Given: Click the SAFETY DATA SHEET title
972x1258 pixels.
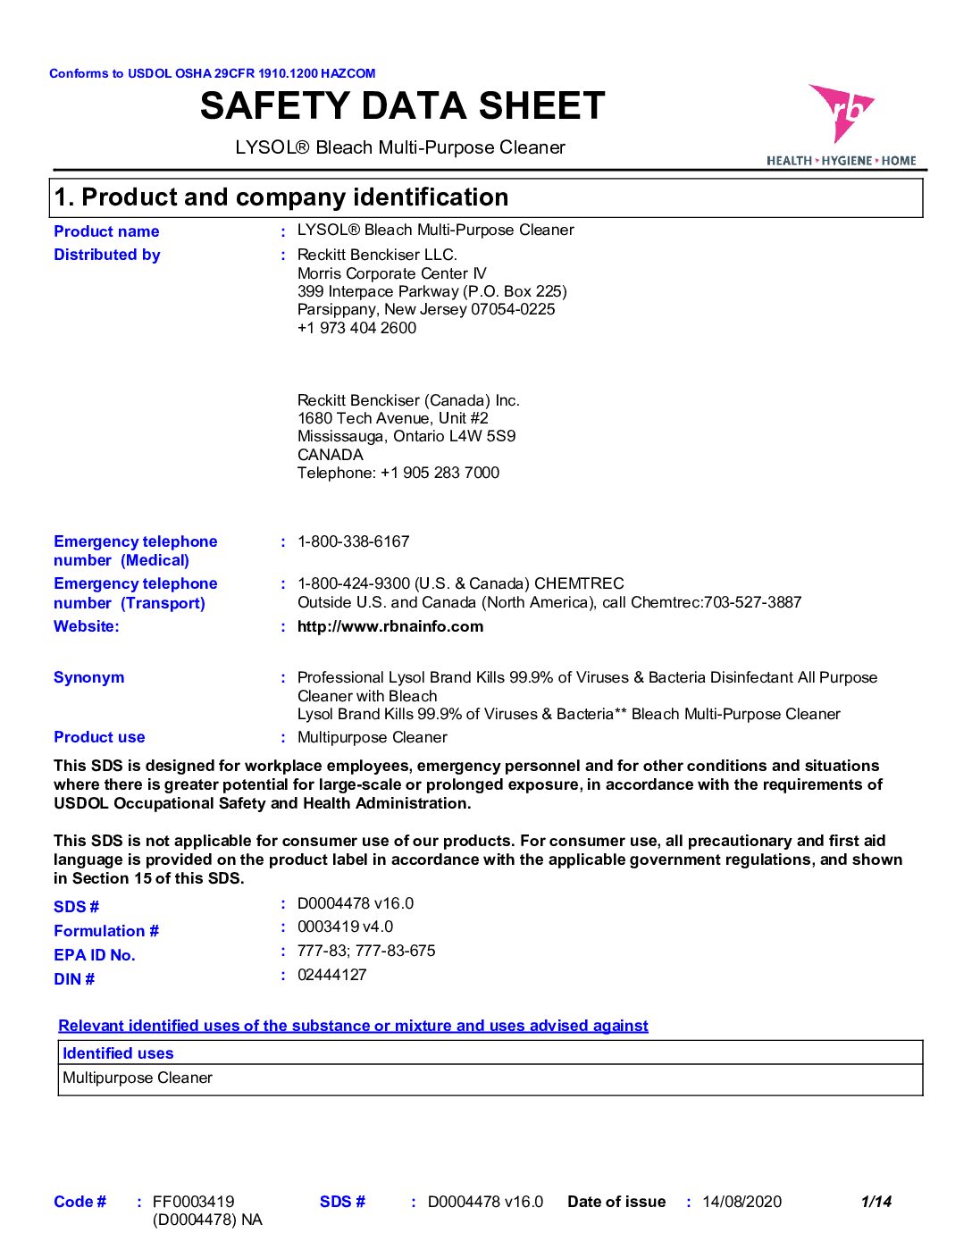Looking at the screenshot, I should click(x=402, y=106).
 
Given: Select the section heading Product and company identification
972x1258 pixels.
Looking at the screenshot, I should click(x=281, y=197).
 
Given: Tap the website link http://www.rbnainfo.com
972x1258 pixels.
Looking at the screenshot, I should click(x=390, y=626).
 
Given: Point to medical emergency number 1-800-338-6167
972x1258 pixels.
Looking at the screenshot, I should click(x=353, y=541).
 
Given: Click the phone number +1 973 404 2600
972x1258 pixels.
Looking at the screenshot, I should click(x=356, y=328).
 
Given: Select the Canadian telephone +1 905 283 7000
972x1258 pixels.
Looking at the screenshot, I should click(x=440, y=473).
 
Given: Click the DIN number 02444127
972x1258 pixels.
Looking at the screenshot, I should click(x=331, y=975).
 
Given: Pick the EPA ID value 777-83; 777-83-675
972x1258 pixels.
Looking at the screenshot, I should click(x=366, y=951).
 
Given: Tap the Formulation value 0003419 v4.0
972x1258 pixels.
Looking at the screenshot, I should click(x=345, y=927).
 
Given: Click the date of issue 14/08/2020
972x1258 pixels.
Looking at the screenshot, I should click(x=742, y=1202).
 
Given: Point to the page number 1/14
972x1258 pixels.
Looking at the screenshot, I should click(x=876, y=1202).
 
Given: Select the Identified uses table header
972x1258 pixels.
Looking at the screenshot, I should click(x=118, y=1053).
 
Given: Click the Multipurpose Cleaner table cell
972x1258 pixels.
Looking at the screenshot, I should click(x=138, y=1078).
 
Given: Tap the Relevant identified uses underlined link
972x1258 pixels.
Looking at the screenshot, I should click(x=353, y=1026).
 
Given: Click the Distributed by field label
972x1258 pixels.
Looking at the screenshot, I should click(x=107, y=255).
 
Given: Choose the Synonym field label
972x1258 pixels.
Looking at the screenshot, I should click(x=89, y=677).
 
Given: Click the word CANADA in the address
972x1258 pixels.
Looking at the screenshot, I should click(x=330, y=455).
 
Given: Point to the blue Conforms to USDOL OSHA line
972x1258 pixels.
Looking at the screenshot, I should click(x=213, y=73).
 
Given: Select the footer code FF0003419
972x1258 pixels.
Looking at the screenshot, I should click(x=193, y=1202).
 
